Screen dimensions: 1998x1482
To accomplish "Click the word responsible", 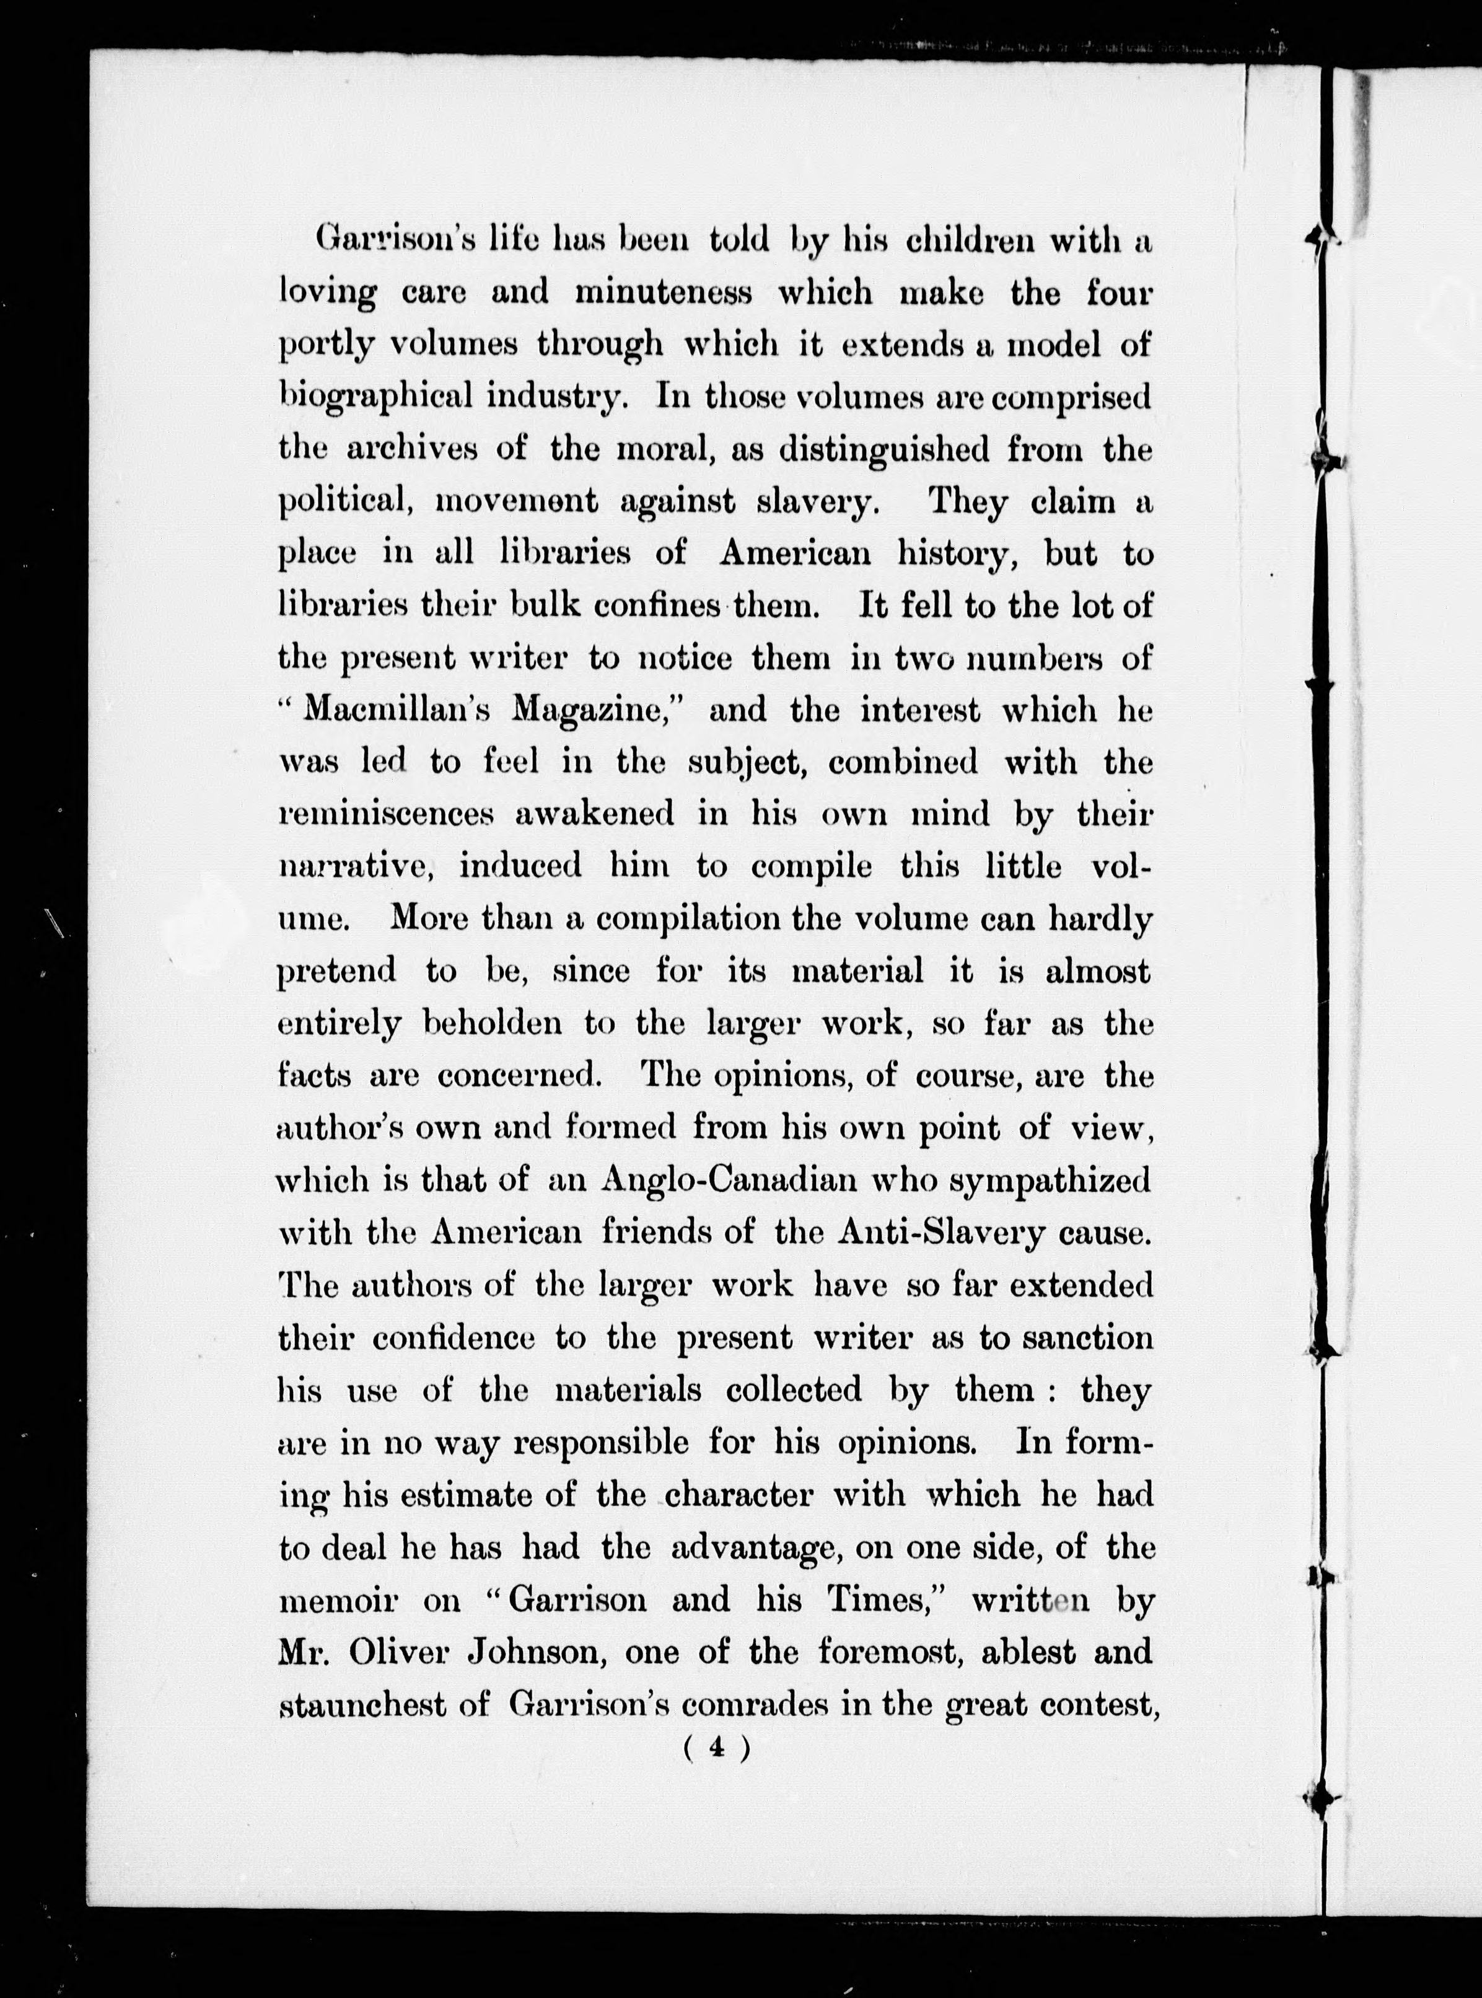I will click(x=601, y=1441).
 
